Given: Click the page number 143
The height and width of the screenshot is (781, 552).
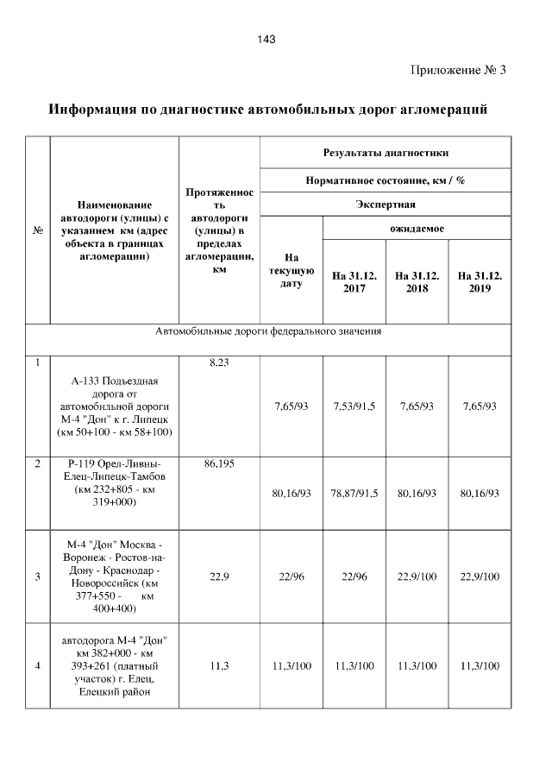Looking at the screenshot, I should pos(266,40).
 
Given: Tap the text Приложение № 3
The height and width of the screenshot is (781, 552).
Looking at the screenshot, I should pos(457,70).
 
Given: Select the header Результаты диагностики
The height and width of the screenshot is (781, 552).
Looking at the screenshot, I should pos(386,153).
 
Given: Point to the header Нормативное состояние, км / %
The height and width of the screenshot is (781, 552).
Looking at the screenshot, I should pos(386,180).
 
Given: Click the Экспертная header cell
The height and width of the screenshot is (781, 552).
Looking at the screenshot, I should pos(386,205).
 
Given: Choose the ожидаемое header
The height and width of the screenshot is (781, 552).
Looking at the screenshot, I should pos(417,229).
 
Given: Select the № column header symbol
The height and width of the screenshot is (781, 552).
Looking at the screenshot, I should pos(38,231).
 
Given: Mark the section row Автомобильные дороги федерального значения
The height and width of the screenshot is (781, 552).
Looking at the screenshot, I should pos(268,331).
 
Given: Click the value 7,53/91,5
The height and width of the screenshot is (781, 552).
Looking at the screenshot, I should pos(354,405).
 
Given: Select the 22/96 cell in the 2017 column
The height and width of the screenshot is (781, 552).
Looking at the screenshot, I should pos(354,577).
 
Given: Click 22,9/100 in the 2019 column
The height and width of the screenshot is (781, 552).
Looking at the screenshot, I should pos(480,577).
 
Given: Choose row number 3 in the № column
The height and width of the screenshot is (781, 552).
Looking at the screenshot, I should pos(38,577).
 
